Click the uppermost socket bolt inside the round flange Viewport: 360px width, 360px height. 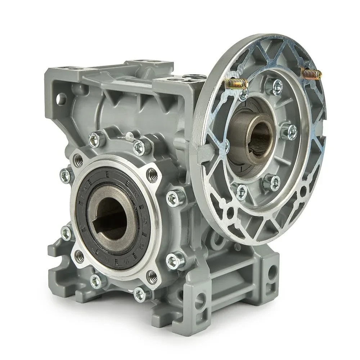(277, 85)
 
